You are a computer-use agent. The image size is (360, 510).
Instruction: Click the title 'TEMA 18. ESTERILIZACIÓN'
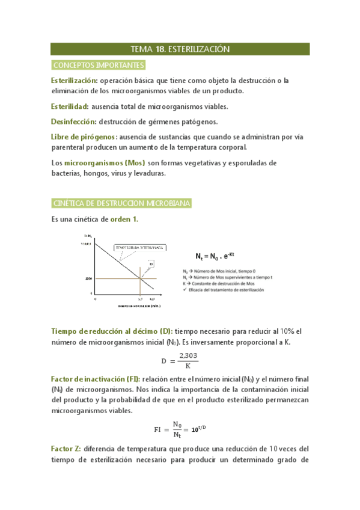pos(180,49)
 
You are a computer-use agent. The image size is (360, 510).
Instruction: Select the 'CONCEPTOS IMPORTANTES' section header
pos(98,64)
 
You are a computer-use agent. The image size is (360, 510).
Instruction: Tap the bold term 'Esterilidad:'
pos(70,106)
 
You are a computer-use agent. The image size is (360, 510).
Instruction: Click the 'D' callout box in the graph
pos(151,263)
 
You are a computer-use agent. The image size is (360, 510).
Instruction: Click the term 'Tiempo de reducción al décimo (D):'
pos(112,331)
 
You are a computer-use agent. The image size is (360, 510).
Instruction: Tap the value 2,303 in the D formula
pos(188,356)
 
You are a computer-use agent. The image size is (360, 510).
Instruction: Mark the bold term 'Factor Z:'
pos(67,449)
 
